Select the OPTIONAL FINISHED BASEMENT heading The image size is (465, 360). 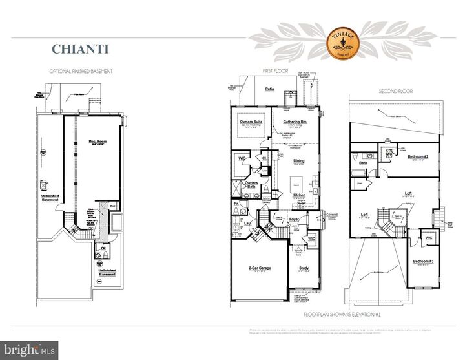pyautogui.click(x=83, y=70)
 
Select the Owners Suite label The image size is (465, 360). pyautogui.click(x=250, y=121)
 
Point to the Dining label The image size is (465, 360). pyautogui.click(x=298, y=161)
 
